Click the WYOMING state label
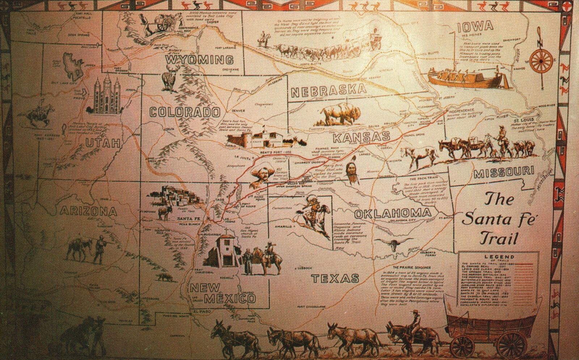pos(199,59)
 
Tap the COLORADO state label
pos(185,112)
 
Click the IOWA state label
pos(475,26)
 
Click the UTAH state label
pos(102,143)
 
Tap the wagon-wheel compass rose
pos(542,61)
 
